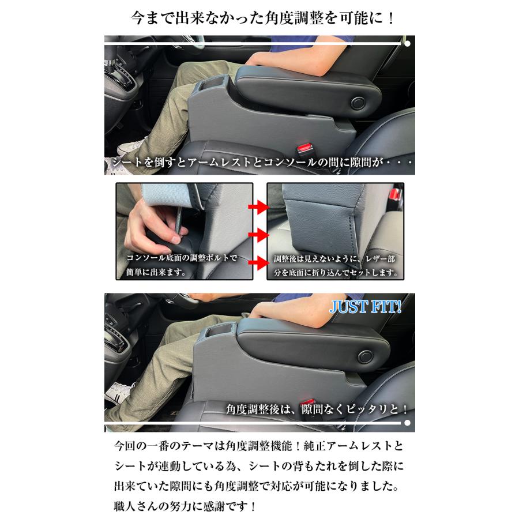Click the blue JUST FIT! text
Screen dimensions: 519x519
365,307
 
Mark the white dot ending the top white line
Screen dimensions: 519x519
408,43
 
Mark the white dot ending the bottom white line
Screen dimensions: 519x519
408,423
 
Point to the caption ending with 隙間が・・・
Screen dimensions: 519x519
259,163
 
